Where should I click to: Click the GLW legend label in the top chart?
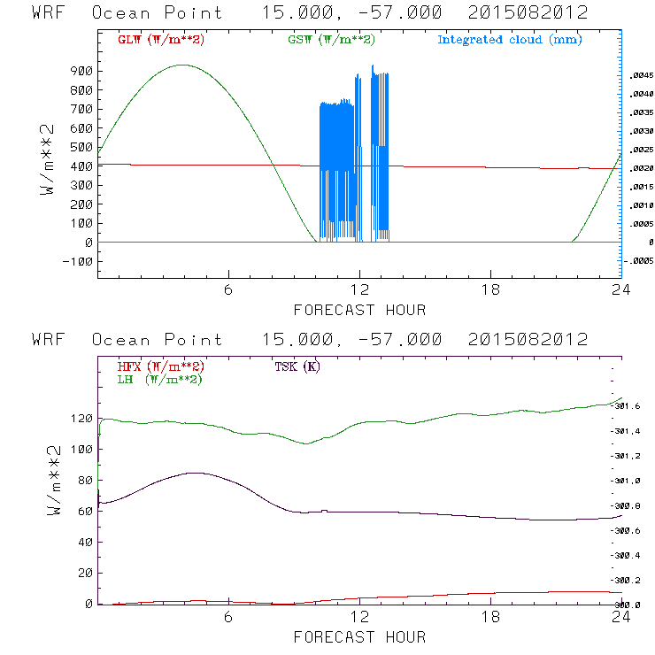pos(161,40)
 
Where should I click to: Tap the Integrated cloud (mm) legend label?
pos(510,40)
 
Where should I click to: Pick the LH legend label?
pos(159,379)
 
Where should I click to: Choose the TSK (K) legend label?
pos(298,366)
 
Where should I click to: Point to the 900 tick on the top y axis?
pos(81,72)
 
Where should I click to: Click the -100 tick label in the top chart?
pos(77,262)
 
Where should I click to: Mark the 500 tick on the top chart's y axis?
pos(81,148)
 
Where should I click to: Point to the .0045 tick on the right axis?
pos(640,76)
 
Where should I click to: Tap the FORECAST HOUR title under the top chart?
pos(359,310)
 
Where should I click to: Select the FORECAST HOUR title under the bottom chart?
pos(359,637)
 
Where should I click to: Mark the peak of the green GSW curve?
pos(182,65)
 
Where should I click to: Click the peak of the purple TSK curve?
pos(191,473)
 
